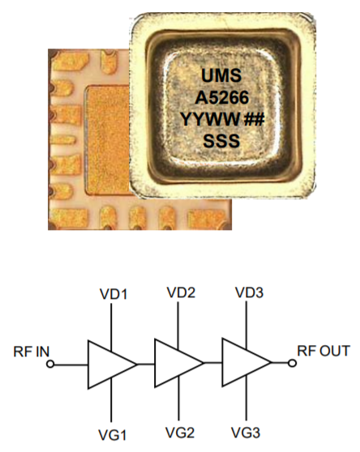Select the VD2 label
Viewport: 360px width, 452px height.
point(181,292)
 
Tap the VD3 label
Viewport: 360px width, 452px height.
point(247,292)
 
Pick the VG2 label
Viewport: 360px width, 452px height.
point(180,432)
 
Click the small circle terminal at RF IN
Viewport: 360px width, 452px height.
point(51,365)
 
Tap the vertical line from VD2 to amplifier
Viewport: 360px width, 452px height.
point(178,324)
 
